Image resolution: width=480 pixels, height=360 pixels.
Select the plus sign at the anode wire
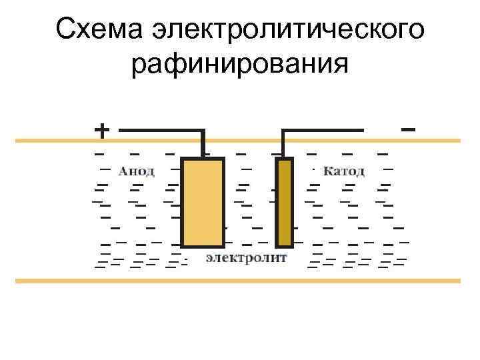101,129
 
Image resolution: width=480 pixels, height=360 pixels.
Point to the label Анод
137,171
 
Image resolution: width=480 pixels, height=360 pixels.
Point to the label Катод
344,171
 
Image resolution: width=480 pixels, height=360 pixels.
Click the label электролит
247,257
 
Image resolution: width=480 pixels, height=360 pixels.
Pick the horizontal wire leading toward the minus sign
323,130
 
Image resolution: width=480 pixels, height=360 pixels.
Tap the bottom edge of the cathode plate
285,245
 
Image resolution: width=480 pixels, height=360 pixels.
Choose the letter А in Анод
123,171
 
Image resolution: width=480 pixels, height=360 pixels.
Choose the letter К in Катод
328,171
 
